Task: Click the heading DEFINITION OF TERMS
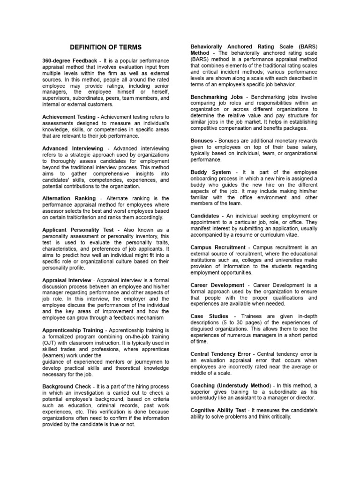(x=105, y=47)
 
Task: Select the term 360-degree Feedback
(x=70, y=61)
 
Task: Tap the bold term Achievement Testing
(x=69, y=116)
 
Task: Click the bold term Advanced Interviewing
(x=73, y=148)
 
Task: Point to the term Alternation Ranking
(x=69, y=198)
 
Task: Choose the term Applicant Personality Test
(x=78, y=230)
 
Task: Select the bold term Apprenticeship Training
(x=73, y=330)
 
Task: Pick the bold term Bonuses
(x=202, y=141)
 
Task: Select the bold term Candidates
(x=205, y=216)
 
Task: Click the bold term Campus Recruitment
(x=218, y=247)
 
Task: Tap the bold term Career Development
(x=217, y=285)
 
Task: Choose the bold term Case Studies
(x=210, y=316)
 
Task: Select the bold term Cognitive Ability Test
(x=218, y=410)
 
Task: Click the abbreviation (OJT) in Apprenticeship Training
(x=50, y=343)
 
